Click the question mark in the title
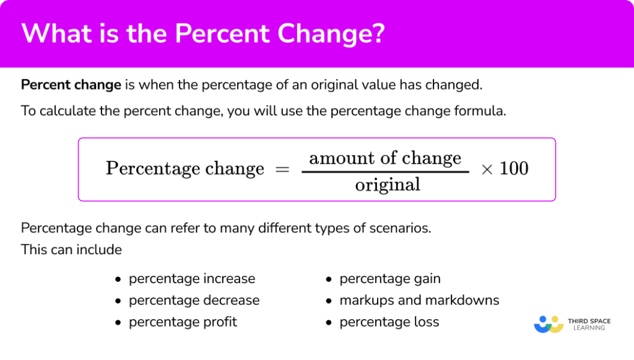377,34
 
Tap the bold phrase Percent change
71,85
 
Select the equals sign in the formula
282,169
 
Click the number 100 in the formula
513,169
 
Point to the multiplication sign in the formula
487,169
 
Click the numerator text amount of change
384,158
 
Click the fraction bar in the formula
384,171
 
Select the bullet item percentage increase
192,279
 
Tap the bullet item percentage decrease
194,301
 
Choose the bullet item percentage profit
183,322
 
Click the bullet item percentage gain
390,279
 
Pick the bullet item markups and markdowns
419,301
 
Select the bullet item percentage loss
389,322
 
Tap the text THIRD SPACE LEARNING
589,324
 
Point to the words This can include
71,250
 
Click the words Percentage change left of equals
185,169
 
